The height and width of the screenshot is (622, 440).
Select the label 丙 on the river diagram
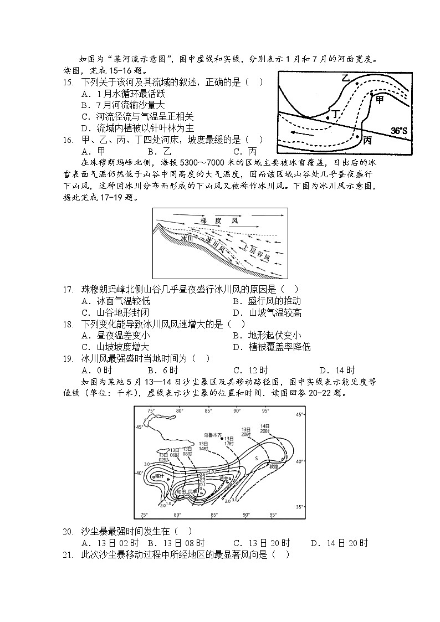pos(367,141)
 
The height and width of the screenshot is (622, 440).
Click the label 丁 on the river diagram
pos(335,114)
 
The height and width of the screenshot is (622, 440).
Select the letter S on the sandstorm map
pos(257,459)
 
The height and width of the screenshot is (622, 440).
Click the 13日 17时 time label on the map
pos(229,441)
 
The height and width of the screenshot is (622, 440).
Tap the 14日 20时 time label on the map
pos(264,428)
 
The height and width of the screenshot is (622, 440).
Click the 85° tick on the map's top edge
pos(208,411)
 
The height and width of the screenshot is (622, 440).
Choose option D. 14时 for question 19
pos(337,371)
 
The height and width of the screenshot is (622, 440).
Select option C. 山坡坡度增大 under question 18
pos(115,347)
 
